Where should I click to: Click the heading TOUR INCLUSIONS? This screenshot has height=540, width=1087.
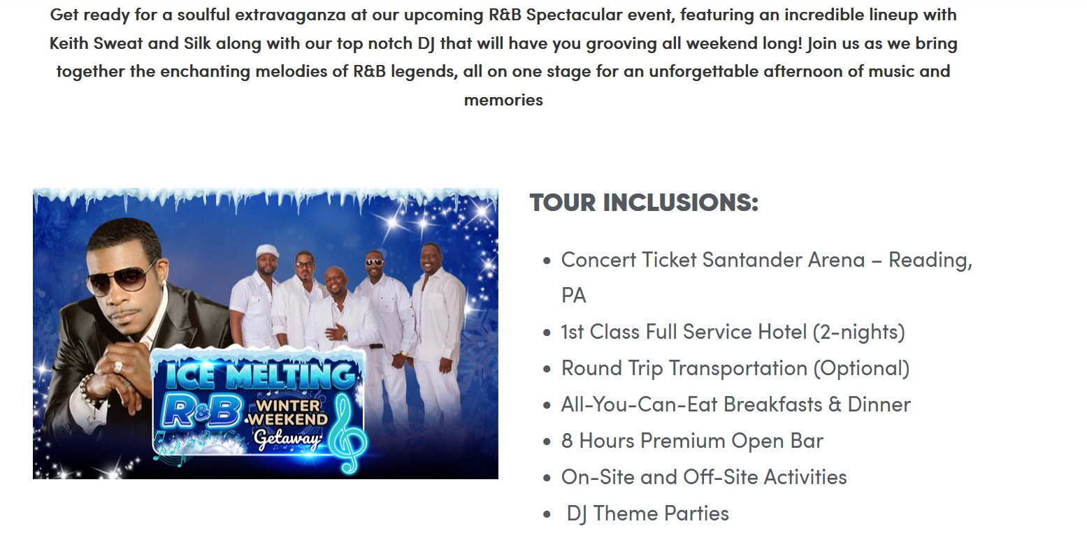[644, 203]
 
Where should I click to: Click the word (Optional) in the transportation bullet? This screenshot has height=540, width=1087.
[861, 368]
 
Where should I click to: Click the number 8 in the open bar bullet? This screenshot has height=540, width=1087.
[568, 441]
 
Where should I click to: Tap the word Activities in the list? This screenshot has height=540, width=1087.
[805, 477]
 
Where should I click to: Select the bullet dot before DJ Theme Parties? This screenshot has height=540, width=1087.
[547, 514]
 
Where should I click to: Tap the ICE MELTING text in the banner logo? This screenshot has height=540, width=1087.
[259, 376]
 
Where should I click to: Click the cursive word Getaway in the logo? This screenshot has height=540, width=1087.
[287, 439]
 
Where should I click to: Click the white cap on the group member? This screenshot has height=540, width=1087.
[267, 251]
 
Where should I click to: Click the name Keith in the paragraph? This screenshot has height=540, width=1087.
[69, 43]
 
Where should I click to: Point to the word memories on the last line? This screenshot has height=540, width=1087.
[503, 101]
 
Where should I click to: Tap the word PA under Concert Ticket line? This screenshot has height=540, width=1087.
[574, 295]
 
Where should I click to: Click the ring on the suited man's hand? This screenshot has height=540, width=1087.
[117, 367]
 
